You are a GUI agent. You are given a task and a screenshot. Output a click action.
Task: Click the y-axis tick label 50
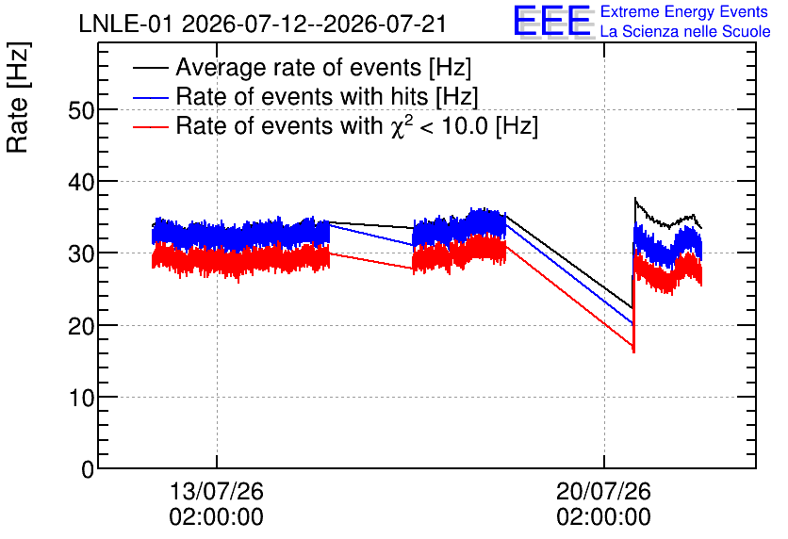[x=81, y=110]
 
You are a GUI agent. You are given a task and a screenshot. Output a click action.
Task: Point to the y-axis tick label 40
[x=81, y=182]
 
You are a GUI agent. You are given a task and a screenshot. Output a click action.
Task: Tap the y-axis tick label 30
[x=81, y=253]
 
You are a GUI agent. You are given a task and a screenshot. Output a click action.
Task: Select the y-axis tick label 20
[x=81, y=325]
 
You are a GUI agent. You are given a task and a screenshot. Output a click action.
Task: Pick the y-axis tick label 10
[x=81, y=398]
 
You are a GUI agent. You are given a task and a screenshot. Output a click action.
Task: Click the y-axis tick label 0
[x=88, y=469]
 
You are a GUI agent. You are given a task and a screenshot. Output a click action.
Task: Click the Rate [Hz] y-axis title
[x=18, y=97]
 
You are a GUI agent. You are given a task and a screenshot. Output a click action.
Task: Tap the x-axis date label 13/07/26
[x=217, y=491]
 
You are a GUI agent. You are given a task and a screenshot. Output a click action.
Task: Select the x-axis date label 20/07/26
[x=603, y=491]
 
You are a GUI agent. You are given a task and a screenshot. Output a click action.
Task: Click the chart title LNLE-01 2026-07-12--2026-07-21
[x=262, y=24]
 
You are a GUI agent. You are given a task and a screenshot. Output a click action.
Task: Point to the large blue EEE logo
[x=551, y=21]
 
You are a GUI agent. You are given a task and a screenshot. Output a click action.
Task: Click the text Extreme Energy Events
[x=684, y=11]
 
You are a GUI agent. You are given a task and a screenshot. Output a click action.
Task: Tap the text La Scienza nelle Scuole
[x=685, y=31]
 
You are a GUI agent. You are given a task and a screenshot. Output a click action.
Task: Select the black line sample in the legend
[x=150, y=67]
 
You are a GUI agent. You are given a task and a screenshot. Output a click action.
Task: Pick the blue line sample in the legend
[x=150, y=97]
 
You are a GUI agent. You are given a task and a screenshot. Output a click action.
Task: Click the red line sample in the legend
[x=150, y=126]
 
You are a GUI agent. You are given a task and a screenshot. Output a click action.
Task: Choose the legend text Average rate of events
[x=300, y=67]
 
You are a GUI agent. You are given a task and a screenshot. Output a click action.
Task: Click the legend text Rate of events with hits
[x=303, y=96]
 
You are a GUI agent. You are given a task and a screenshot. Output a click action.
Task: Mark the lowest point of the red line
[x=633, y=352]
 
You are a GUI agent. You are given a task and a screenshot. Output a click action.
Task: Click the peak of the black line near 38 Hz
[x=635, y=198]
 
